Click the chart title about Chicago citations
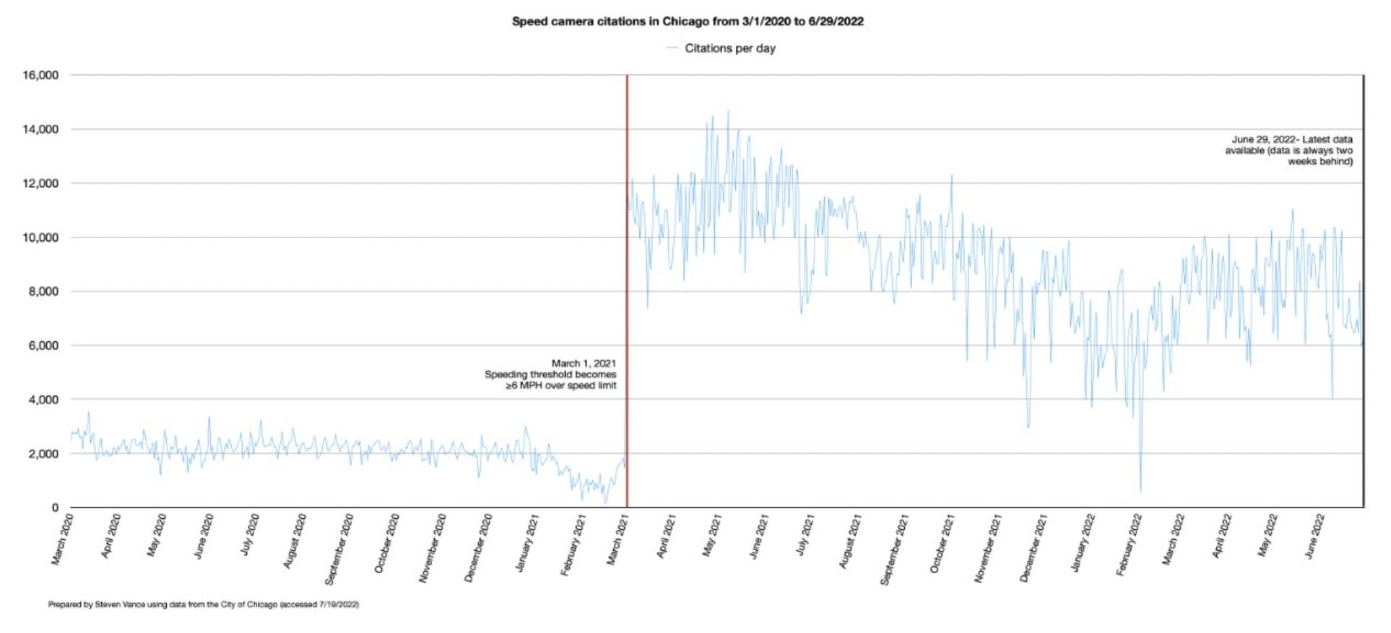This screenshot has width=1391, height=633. click(688, 22)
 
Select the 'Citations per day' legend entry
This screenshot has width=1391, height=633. click(729, 48)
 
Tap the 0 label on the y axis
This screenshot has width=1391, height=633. click(55, 507)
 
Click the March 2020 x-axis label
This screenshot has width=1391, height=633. click(62, 538)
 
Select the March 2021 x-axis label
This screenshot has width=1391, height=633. click(618, 538)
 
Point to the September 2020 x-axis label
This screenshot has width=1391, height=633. click(339, 549)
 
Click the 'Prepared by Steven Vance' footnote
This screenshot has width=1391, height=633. click(204, 604)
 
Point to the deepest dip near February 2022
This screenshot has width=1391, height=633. click(1141, 490)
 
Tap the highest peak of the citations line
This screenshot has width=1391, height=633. click(728, 111)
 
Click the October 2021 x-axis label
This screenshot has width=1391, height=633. click(942, 543)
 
